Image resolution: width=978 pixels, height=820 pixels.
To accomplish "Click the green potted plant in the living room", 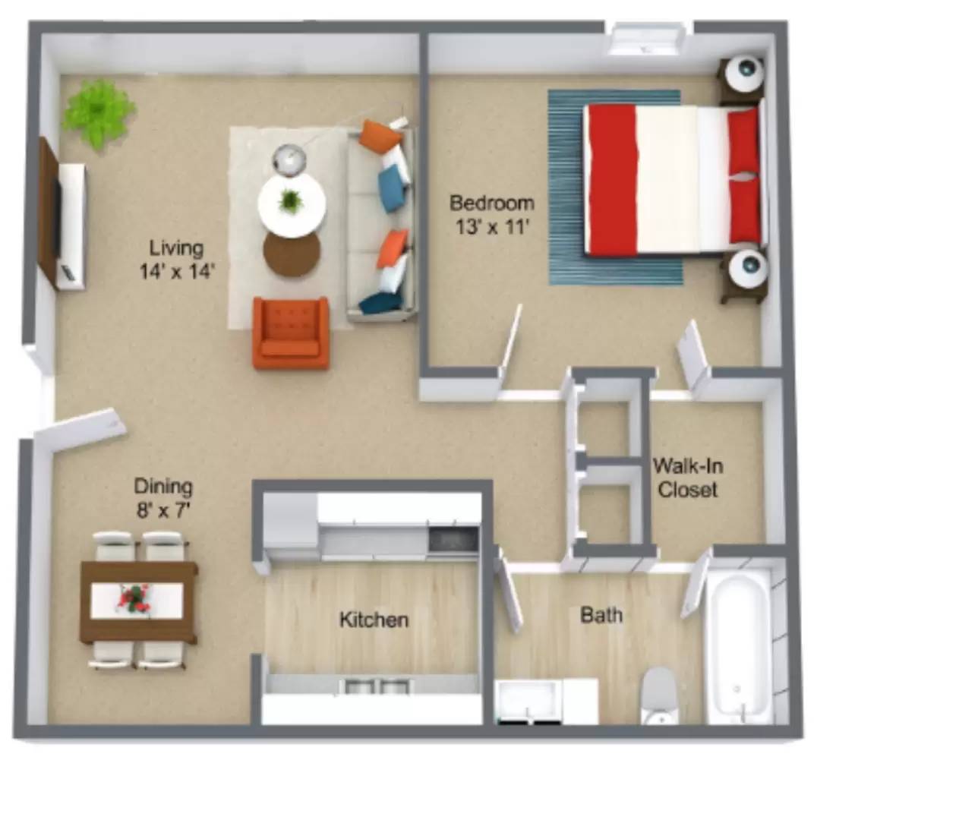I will point(96,112).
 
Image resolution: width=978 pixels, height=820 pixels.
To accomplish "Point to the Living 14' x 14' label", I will point(176,260).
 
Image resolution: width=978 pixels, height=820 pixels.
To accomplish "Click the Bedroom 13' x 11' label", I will point(491,215).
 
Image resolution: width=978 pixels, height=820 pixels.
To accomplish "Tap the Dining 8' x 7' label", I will point(163,497).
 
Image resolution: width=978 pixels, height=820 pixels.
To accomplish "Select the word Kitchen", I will point(374,620).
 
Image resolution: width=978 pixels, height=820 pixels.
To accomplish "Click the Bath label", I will point(601,614).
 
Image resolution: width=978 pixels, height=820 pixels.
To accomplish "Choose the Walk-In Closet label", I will point(687,478).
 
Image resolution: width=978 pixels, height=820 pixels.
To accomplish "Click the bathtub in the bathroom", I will point(738,645).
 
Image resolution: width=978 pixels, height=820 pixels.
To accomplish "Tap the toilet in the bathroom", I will point(658,695).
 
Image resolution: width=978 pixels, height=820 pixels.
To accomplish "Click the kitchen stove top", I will point(453,540).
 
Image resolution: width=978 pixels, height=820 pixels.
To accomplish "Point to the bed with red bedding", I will point(671,179).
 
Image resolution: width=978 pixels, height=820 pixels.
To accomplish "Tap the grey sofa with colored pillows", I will point(382,220).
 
